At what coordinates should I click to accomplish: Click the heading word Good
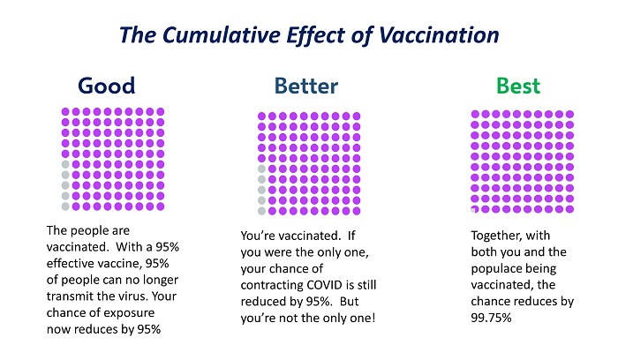(107, 86)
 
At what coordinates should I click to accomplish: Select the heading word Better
(306, 86)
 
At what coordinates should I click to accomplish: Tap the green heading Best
(518, 86)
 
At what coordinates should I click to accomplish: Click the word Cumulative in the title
(222, 34)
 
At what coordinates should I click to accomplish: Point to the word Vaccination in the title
(439, 34)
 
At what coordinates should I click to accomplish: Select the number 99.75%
(491, 318)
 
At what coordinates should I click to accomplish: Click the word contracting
(271, 285)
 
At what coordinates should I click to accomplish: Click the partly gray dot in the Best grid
(475, 209)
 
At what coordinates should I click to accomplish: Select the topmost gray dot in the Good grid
(65, 164)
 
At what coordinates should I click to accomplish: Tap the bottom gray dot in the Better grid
(261, 211)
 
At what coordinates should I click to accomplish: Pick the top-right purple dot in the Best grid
(569, 114)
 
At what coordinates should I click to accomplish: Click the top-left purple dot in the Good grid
(65, 112)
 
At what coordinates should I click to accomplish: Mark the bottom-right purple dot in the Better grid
(357, 211)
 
